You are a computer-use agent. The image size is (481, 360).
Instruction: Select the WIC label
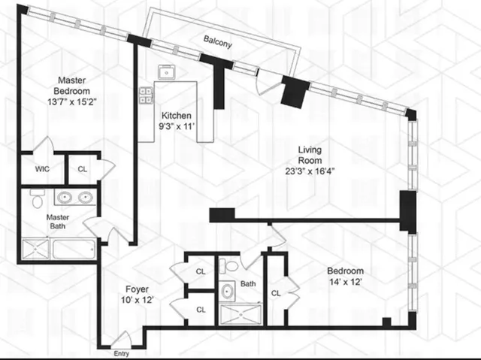[x=42, y=168]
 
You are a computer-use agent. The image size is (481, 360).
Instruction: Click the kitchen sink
[x=166, y=73]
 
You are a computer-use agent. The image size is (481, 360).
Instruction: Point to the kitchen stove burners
[x=146, y=95]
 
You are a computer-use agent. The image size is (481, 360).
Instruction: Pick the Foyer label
[x=137, y=289]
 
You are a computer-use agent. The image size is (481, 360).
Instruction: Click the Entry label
[x=122, y=353]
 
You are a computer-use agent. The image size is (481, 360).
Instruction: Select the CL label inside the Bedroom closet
[x=275, y=292]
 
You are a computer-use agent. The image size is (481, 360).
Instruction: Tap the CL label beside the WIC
[x=83, y=168]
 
